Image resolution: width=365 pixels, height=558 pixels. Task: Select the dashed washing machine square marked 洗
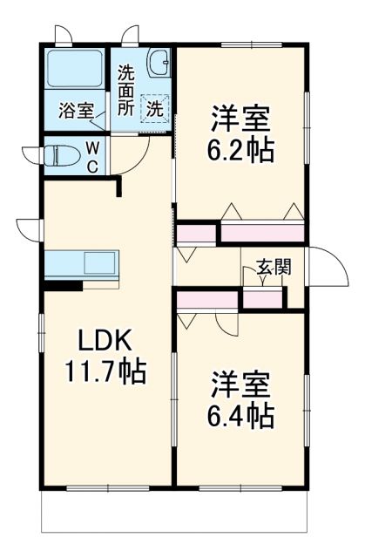tap(154, 109)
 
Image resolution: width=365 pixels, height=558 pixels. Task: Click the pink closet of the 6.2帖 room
tap(261, 233)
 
